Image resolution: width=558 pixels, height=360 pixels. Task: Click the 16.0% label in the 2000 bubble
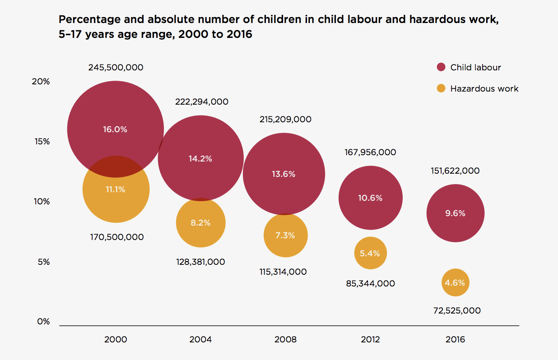point(115,129)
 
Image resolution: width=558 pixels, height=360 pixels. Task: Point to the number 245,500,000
point(116,68)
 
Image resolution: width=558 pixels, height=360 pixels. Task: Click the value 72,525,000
point(456,310)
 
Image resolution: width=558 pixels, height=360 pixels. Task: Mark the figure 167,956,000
point(370,152)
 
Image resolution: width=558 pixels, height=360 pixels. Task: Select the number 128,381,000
point(200,262)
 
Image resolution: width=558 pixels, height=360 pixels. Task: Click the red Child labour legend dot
point(441,68)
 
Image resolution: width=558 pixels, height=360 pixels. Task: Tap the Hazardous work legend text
point(484,88)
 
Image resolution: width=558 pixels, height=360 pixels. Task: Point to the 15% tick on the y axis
point(42,142)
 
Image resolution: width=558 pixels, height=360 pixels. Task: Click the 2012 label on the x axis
point(370,340)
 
